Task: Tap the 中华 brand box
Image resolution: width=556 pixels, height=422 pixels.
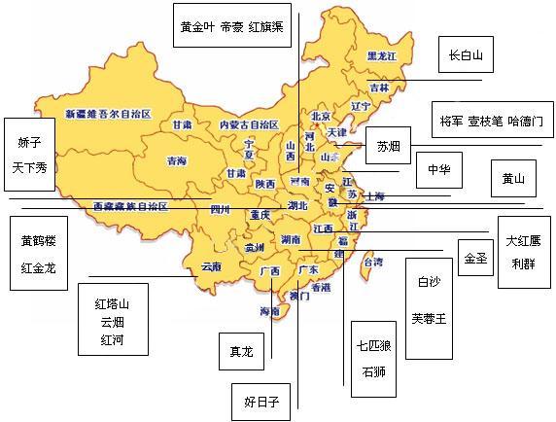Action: pos(438,169)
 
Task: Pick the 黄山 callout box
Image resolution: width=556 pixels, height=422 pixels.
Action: pos(511,178)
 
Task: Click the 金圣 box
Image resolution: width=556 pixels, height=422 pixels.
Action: pos(474,258)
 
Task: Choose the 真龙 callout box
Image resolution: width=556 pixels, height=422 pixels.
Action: pos(239,351)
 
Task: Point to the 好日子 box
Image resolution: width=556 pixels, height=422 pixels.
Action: pos(261,401)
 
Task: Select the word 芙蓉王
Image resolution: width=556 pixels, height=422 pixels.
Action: pos(428,318)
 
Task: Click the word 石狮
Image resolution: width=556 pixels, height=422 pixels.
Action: pos(373,371)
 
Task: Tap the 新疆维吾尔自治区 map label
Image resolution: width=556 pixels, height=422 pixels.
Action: pos(109,114)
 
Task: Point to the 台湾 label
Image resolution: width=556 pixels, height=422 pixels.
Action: pos(371,262)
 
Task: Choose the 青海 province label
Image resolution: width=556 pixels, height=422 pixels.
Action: pos(177,160)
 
